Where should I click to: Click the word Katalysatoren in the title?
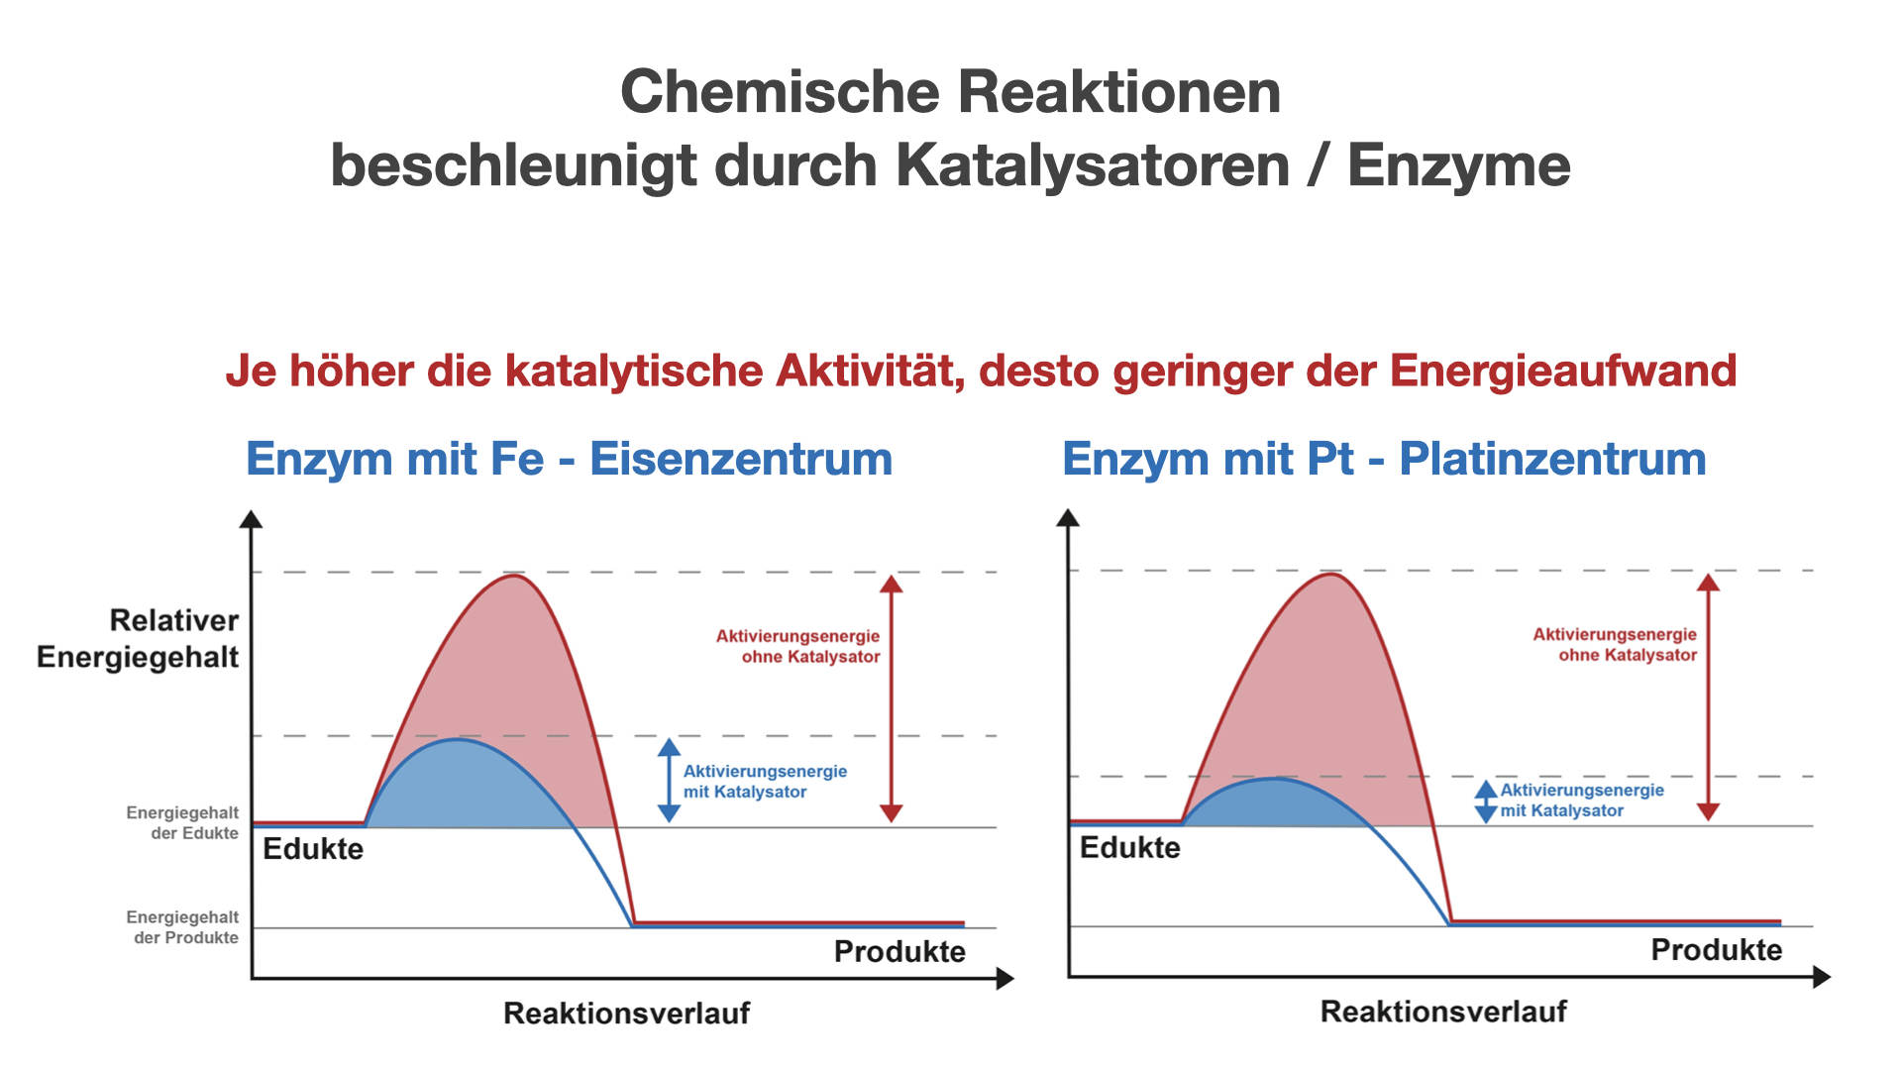[1093, 165]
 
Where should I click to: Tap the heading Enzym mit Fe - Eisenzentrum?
[570, 460]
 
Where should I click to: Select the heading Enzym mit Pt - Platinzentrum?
[1385, 460]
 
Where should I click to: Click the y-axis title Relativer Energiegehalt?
[139, 639]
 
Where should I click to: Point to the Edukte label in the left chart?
[313, 849]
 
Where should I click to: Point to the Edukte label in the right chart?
[1130, 848]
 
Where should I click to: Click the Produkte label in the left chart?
[899, 952]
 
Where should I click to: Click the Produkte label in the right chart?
[1717, 950]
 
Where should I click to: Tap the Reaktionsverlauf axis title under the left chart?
[627, 1014]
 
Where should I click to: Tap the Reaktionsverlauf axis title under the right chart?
[1444, 1012]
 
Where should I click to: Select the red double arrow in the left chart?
[892, 698]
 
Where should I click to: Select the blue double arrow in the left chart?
[670, 781]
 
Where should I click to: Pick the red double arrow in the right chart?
[1708, 696]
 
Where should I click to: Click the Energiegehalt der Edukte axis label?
[182, 823]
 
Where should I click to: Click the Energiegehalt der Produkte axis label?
[182, 927]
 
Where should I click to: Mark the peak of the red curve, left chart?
[513, 576]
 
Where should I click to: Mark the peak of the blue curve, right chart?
[1276, 779]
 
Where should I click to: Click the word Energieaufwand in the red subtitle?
[1563, 372]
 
